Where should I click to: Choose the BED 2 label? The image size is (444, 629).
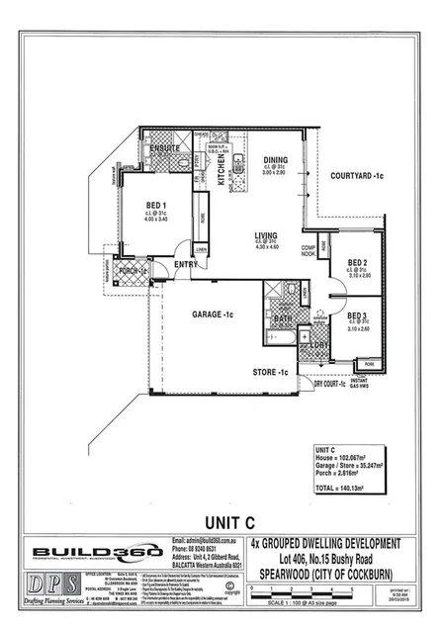358,263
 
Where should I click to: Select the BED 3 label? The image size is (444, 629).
358,315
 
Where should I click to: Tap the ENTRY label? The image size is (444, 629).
185,264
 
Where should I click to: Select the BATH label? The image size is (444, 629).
282,318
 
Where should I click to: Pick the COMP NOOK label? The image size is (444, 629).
308,250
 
